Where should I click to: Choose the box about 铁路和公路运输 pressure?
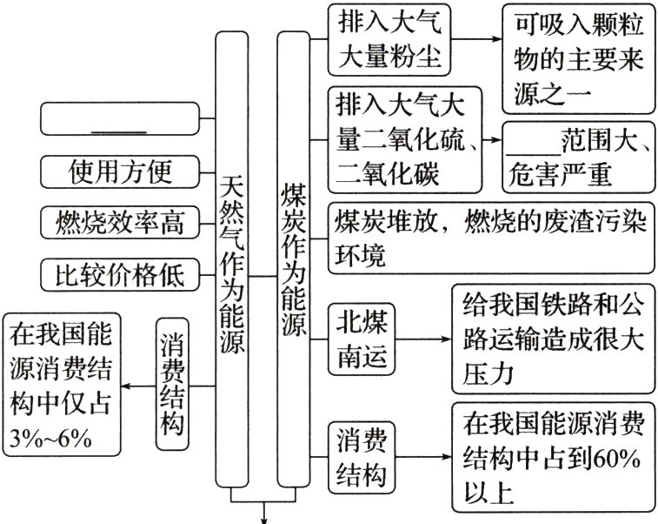(x=552, y=338)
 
